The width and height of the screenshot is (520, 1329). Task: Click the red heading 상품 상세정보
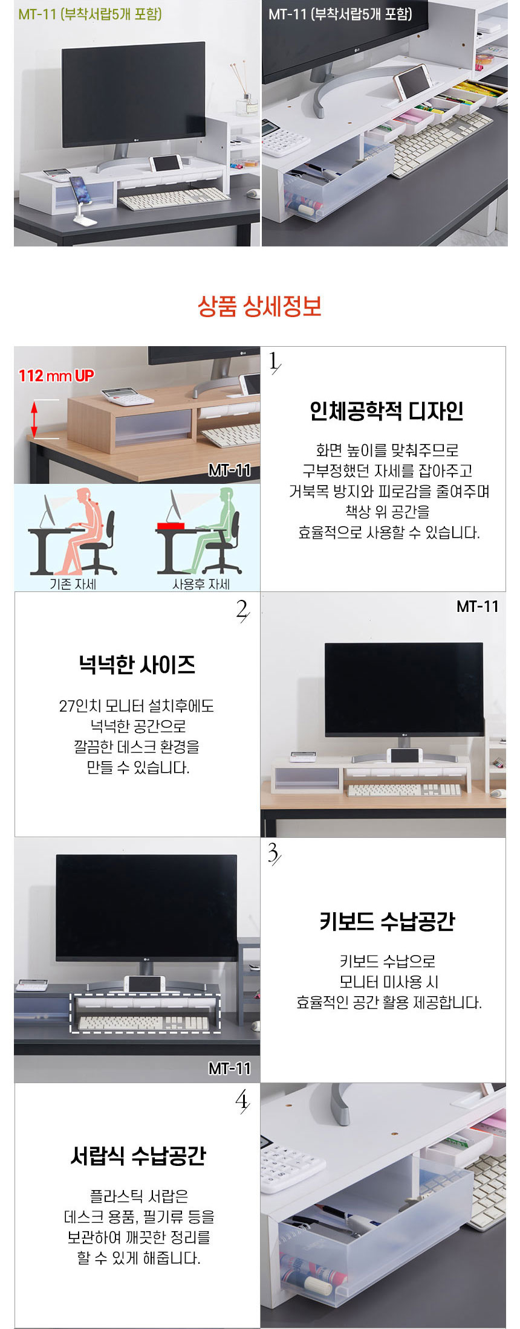coord(259,307)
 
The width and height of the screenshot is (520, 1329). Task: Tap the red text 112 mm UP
coord(56,376)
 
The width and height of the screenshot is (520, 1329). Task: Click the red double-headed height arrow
coord(34,419)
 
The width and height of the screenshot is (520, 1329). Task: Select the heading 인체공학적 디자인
coord(386,411)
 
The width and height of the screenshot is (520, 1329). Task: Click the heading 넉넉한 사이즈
coord(137,665)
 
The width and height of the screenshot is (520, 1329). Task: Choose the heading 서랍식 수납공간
coord(138,1156)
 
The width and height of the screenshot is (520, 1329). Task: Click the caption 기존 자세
coord(73,584)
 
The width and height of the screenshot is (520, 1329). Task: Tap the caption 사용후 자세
coord(201,584)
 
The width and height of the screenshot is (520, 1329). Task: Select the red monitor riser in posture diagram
coord(171,526)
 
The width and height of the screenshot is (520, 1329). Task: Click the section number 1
coord(275,362)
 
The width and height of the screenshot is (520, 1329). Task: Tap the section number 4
coord(242,1102)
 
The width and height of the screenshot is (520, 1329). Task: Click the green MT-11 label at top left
coord(89,14)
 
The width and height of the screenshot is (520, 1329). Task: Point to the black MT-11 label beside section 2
coord(478,606)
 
